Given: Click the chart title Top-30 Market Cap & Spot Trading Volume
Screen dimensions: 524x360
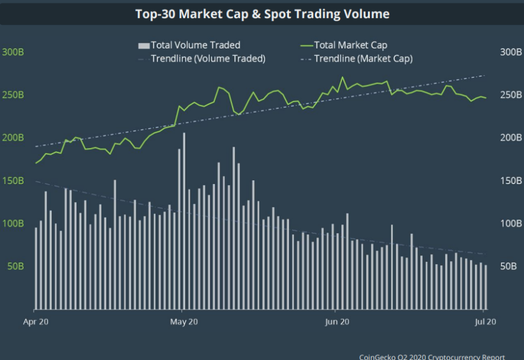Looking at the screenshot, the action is pos(262,14).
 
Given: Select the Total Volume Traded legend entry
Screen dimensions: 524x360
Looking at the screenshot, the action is pos(189,45).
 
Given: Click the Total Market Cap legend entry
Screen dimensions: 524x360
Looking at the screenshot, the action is pos(344,45).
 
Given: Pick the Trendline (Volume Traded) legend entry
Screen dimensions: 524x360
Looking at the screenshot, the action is pos(202,59).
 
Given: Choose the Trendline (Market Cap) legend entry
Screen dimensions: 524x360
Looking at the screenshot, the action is pos(357,59).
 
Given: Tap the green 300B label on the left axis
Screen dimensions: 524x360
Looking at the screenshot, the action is pos(13,52).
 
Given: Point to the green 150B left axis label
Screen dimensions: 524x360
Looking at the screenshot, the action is pos(13,181).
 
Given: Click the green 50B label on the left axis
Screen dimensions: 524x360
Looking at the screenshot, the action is pos(16,266).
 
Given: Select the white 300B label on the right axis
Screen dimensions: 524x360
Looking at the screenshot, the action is pos(511,52).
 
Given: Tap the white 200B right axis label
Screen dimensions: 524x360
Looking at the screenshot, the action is pos(511,137).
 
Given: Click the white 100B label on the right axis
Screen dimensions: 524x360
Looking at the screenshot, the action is pos(511,224).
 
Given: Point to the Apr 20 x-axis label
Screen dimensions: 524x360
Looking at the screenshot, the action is pos(36,322).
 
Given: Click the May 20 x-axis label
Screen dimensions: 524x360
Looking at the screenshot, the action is pos(184,322).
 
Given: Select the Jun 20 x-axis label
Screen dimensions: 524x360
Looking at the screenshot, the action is pos(337,322).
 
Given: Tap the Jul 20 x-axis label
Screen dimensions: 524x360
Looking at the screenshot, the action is pos(485,322).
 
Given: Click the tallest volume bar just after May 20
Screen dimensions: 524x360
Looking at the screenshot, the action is pos(184,221).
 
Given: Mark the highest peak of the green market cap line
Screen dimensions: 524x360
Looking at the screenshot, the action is pos(342,77).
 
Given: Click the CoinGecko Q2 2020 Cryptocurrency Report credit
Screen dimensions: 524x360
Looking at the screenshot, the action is pos(432,357).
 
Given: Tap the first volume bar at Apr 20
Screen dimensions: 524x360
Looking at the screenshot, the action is pos(36,269).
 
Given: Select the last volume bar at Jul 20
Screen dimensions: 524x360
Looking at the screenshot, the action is pos(486,287).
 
